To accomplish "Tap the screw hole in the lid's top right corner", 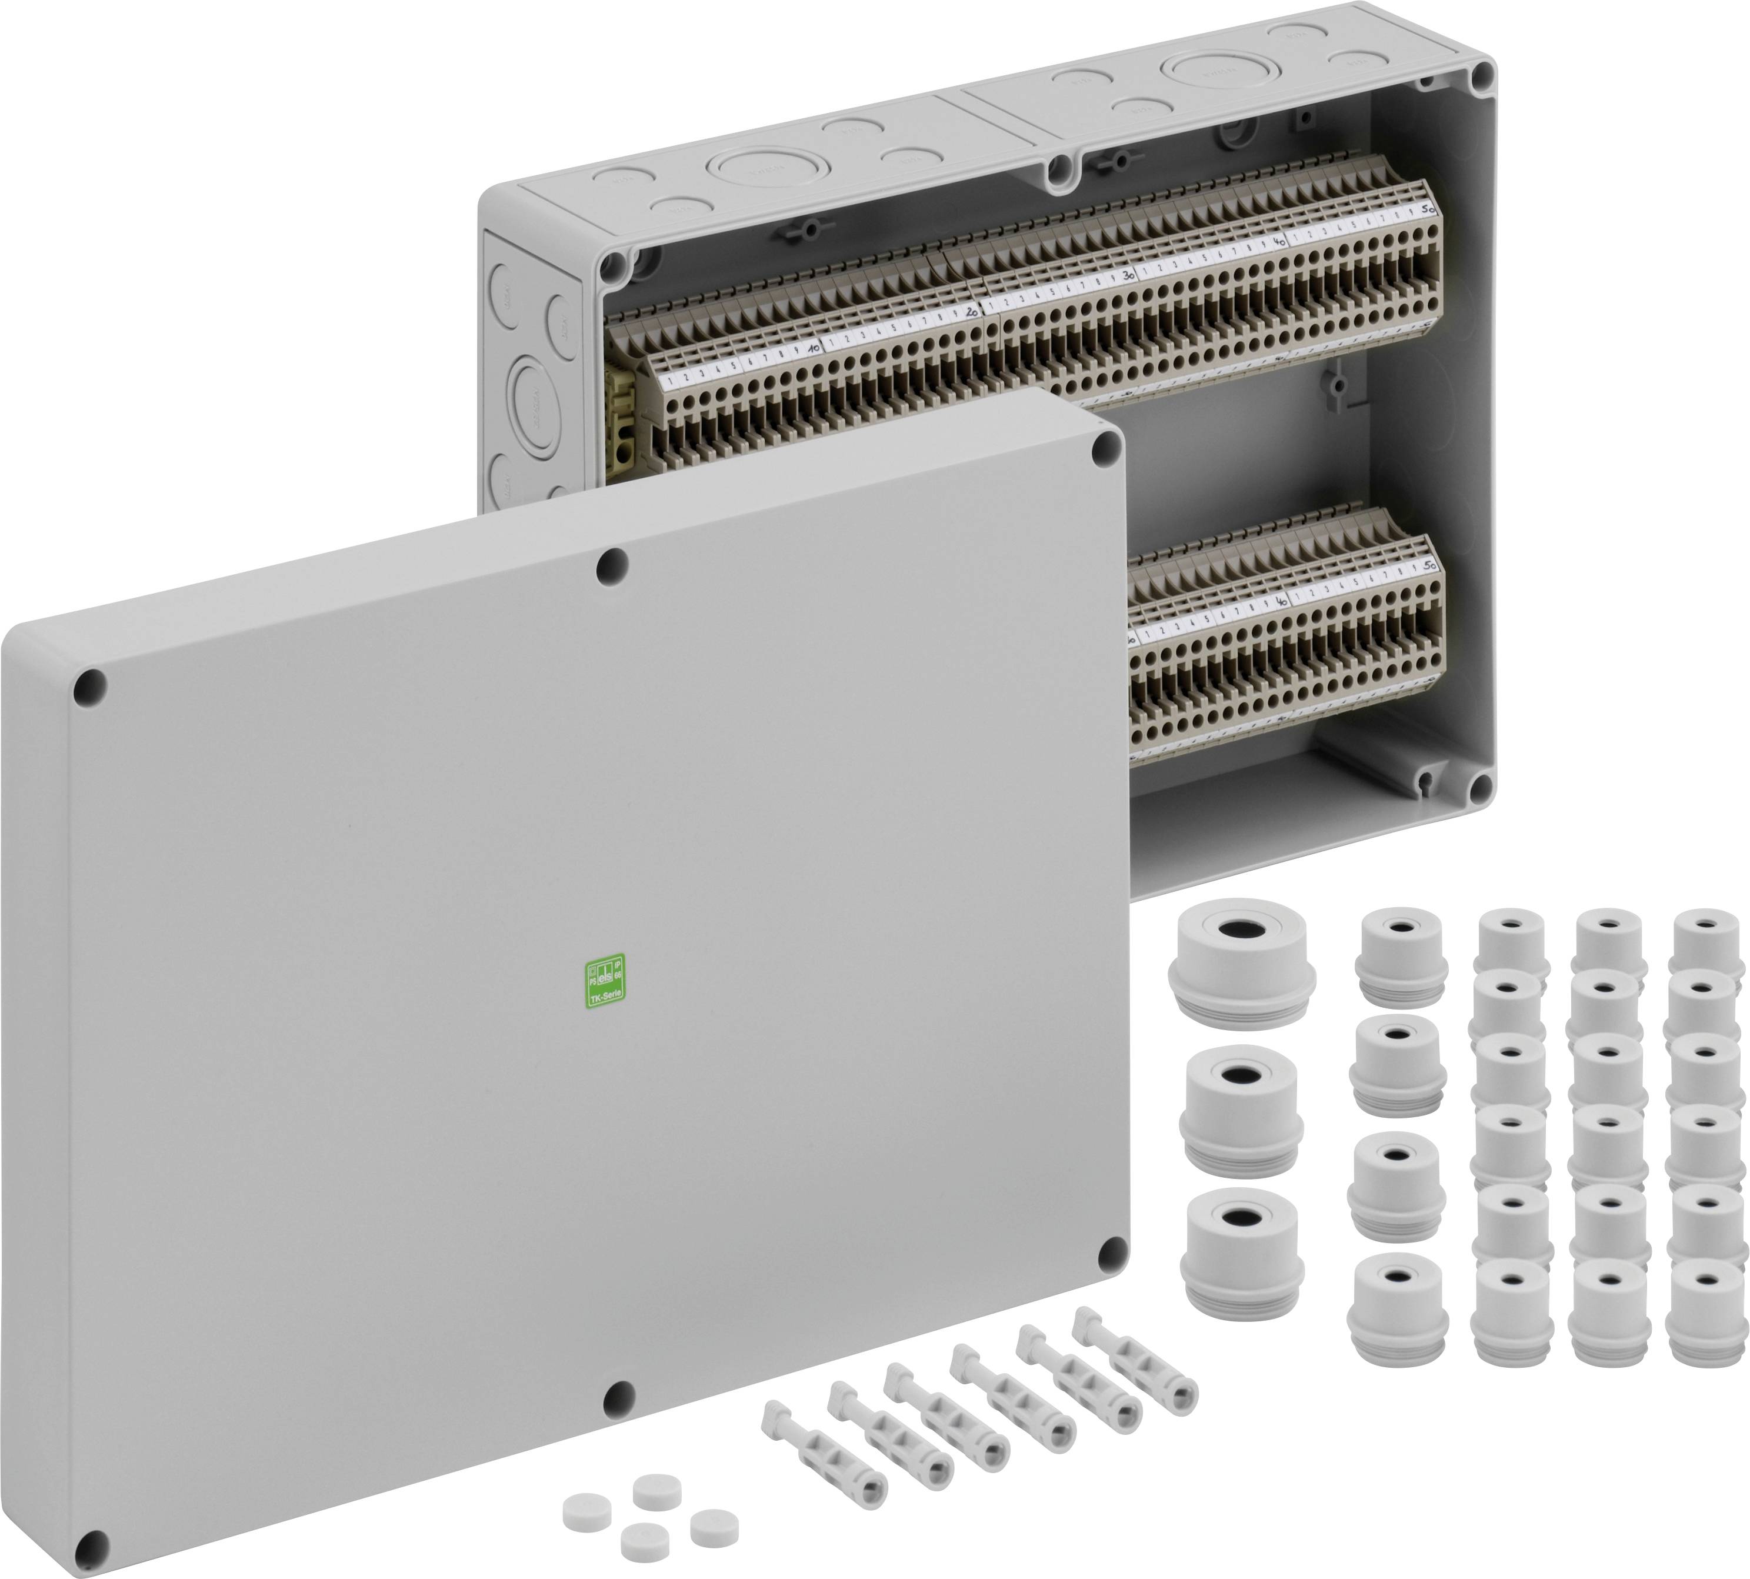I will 1106,448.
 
